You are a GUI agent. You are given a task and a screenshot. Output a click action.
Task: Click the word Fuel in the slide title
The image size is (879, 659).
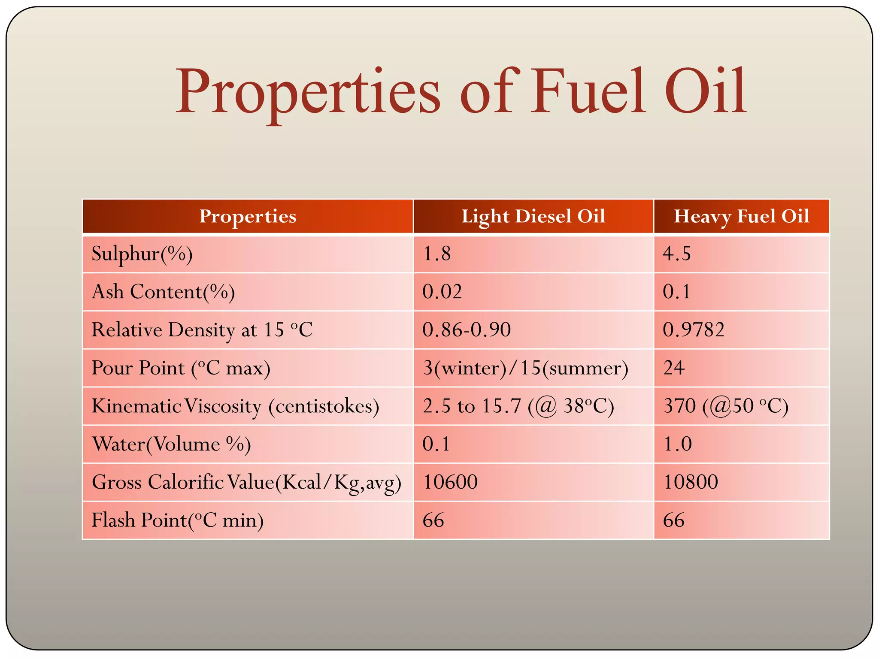pos(588,92)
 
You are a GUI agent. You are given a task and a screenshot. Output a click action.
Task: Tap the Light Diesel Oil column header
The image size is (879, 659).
pos(533,216)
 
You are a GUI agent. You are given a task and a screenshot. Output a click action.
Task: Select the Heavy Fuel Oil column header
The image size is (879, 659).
pos(741,216)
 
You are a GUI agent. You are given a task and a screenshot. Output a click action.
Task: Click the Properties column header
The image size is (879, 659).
pos(248,216)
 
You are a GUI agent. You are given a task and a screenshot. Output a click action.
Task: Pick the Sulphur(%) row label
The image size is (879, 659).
pos(142,254)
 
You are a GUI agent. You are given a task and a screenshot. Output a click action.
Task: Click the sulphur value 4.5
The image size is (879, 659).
pos(677,254)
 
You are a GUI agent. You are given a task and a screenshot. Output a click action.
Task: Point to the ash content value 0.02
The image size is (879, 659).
pos(442,292)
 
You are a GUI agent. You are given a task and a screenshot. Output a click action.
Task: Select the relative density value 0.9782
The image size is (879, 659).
pos(694,330)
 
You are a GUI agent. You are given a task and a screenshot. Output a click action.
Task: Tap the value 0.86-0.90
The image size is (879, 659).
pos(467,330)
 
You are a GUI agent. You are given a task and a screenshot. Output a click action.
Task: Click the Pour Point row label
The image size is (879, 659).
pos(181,368)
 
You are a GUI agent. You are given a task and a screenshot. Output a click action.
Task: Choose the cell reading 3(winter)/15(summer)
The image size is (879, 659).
pos(525,368)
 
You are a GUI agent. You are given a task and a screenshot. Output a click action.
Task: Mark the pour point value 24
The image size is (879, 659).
pos(674,368)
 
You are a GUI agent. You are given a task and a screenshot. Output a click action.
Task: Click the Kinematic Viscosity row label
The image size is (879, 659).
pos(236,406)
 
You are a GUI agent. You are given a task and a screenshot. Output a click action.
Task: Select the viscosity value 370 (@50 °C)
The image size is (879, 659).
pos(726,406)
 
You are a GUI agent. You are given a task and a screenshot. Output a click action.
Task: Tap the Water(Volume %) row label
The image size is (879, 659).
pos(171,444)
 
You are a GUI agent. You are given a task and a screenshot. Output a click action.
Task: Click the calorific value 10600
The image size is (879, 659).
pos(450,482)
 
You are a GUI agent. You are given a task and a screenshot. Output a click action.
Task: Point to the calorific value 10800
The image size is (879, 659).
pos(691,482)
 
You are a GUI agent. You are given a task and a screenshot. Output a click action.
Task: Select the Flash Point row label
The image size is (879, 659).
pos(178,520)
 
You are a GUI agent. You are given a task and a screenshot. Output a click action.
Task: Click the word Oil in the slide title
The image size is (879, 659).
pos(706,92)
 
